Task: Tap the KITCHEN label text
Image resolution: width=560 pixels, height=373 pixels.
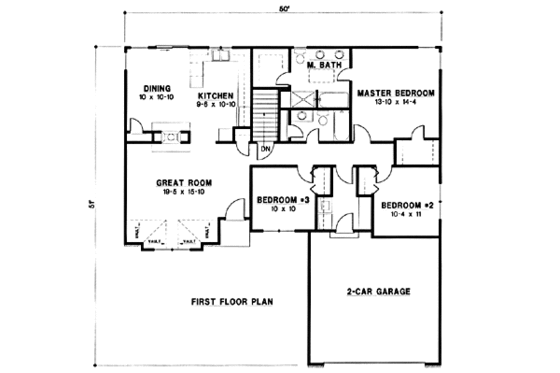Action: point(216,95)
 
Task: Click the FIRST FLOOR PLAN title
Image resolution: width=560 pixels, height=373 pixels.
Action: point(232,301)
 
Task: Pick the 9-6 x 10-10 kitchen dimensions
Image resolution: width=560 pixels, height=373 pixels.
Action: point(216,105)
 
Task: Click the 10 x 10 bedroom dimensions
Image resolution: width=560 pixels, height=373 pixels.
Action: point(277,209)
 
